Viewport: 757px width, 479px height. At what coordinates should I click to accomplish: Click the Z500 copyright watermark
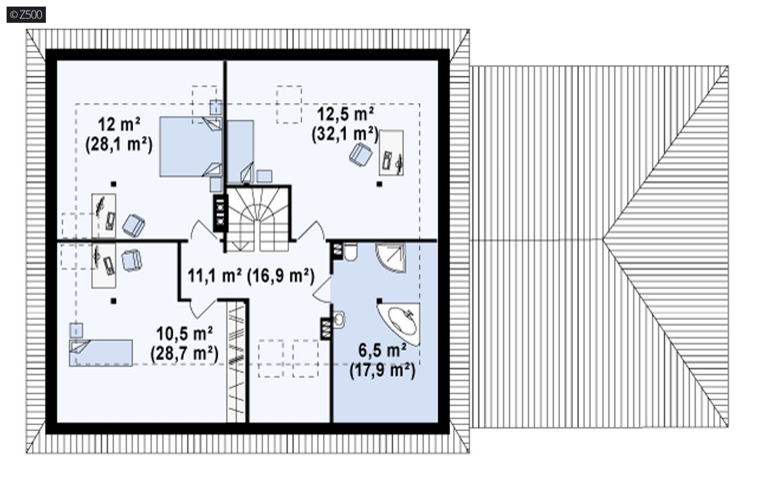tap(26, 15)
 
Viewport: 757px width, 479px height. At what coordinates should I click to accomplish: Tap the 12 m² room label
tap(119, 125)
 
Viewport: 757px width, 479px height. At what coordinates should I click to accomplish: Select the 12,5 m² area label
tap(345, 115)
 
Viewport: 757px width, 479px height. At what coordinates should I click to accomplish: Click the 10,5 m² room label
tap(185, 334)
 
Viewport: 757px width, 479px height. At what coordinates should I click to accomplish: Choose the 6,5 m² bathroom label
tap(382, 351)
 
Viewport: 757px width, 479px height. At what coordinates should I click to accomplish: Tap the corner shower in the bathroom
tap(390, 258)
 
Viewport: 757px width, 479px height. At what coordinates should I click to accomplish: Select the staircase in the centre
tap(258, 219)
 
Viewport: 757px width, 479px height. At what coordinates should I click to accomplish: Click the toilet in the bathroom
tap(349, 252)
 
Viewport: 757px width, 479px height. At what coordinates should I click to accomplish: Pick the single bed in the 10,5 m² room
tap(101, 353)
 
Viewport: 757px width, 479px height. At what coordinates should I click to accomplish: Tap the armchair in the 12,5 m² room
tap(361, 154)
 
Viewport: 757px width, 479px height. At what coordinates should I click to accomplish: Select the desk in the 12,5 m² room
tap(392, 153)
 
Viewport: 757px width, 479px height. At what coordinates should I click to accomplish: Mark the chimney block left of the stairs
tap(220, 213)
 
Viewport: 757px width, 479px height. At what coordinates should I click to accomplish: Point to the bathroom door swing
tap(322, 290)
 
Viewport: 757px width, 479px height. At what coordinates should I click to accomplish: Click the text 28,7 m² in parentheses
tap(185, 354)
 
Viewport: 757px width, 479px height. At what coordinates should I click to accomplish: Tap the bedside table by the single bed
tap(76, 331)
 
